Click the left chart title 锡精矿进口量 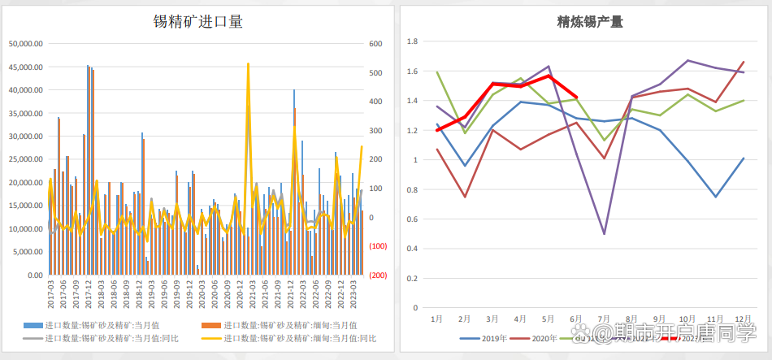198,22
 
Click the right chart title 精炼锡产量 579,22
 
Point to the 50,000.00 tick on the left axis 25,44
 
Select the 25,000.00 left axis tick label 25,159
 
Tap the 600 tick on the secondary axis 376,44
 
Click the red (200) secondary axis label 378,275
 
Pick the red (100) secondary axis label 378,246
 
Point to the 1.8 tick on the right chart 412,41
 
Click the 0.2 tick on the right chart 412,279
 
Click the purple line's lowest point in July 604,234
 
